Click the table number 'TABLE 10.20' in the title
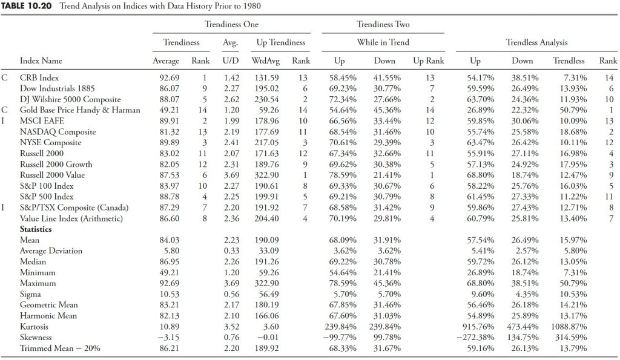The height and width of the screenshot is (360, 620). click(27, 6)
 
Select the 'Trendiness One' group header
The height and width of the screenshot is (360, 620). click(231, 24)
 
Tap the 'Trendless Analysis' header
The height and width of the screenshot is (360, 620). click(536, 43)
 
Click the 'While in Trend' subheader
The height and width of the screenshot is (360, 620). click(383, 43)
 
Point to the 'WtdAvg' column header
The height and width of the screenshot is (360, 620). click(265, 61)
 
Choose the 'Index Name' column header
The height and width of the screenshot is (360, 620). click(41, 61)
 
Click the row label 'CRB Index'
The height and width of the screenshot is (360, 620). click(39, 78)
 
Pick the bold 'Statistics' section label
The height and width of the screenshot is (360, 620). click(36, 229)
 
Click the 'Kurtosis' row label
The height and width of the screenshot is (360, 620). click(34, 327)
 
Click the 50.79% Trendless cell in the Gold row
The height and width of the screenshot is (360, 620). click(573, 110)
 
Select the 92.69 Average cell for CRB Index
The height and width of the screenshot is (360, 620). click(169, 78)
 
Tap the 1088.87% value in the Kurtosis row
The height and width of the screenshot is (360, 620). click(569, 327)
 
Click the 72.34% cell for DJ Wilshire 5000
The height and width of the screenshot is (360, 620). click(343, 100)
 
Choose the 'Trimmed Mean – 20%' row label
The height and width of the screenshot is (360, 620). click(60, 348)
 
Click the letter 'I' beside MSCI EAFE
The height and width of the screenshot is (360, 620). click(3, 121)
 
